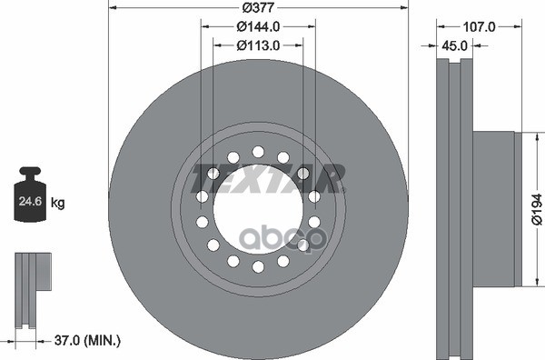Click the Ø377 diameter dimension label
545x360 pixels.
point(258,7)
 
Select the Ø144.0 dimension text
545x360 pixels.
point(258,26)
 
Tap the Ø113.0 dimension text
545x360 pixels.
point(258,45)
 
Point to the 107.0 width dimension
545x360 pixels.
point(480,26)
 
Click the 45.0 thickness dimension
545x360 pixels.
point(454,45)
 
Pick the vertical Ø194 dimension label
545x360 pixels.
point(537,209)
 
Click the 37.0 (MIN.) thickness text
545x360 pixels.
point(87,340)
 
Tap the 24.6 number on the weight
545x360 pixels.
point(30,201)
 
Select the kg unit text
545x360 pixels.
point(58,202)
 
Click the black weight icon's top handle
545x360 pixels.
point(30,171)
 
